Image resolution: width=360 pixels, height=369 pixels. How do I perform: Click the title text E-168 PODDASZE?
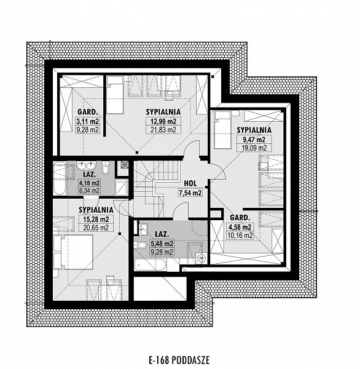tap(179, 360)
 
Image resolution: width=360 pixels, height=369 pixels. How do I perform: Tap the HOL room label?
tap(190, 183)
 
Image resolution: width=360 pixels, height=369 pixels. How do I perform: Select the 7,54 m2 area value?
tap(190, 193)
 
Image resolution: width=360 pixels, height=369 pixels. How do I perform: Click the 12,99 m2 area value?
tap(163, 121)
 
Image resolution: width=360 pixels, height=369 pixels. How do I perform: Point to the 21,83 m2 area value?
tap(163, 129)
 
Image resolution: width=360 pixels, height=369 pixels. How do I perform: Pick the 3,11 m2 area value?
tap(88, 121)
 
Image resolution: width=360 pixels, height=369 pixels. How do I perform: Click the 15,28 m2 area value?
tap(96, 220)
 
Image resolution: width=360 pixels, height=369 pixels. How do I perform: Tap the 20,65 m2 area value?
tap(96, 228)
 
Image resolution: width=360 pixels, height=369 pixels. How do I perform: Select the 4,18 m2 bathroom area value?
tap(89, 183)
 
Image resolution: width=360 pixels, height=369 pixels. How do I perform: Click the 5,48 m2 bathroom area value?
tap(162, 244)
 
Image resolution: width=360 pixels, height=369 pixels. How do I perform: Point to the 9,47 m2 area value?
tap(254, 140)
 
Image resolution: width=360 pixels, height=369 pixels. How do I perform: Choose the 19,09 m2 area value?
tap(254, 148)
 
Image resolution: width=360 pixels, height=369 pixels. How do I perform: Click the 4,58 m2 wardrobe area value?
tap(240, 227)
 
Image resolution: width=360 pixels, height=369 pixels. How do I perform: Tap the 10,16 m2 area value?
tap(240, 236)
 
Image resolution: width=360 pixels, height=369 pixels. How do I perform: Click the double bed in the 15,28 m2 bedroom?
tap(73, 252)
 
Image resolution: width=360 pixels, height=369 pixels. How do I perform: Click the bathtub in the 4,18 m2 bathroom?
tap(59, 178)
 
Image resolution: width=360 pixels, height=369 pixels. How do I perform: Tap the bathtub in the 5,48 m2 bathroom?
tap(150, 264)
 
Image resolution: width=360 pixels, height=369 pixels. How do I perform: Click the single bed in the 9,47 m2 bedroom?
tap(222, 130)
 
